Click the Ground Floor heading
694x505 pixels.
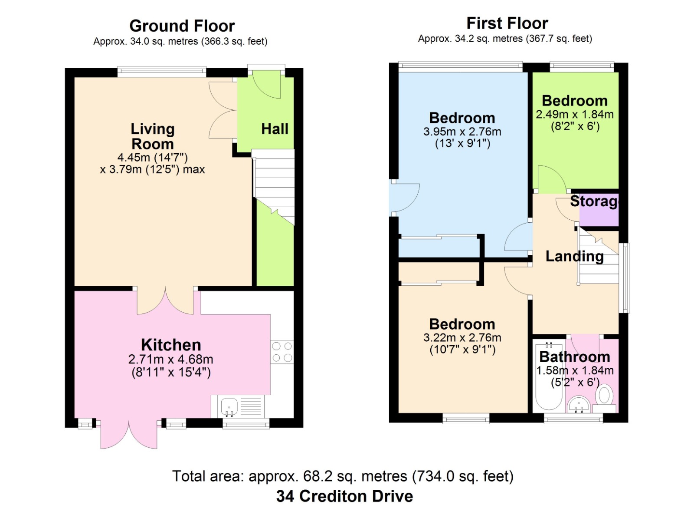(182, 26)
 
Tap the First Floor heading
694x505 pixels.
(507, 23)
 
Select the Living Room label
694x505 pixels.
(152, 136)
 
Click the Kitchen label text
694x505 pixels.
(171, 345)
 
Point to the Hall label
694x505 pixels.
(275, 129)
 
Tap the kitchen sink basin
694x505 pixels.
(229, 406)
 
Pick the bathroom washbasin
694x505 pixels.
(579, 405)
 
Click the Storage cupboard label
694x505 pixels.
(594, 201)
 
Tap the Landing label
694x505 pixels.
(575, 256)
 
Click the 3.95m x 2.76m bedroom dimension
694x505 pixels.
(462, 132)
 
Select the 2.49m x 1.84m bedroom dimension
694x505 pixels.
(575, 115)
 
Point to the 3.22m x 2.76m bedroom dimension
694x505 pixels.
(462, 337)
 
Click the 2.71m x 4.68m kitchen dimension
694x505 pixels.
(171, 359)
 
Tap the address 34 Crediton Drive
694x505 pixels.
(344, 496)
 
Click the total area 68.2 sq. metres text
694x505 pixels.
(343, 476)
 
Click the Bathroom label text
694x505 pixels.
(575, 357)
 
